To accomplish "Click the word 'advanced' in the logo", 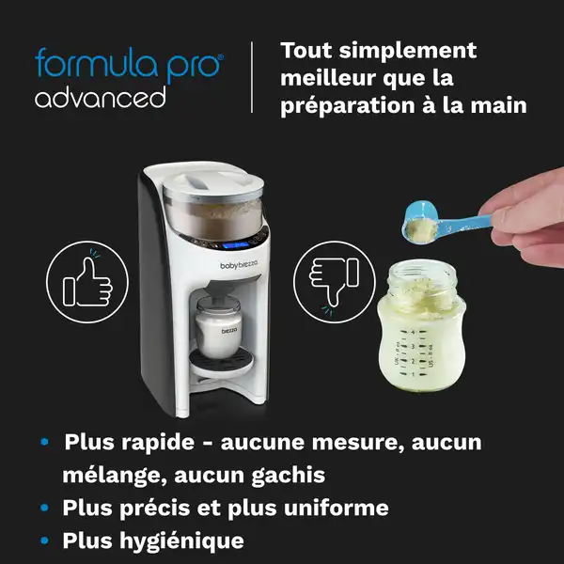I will (x=101, y=97).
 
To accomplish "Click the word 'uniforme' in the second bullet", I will (x=335, y=509).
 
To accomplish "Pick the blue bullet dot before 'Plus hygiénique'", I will (x=45, y=541).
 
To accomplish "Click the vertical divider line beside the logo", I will (x=252, y=78).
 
